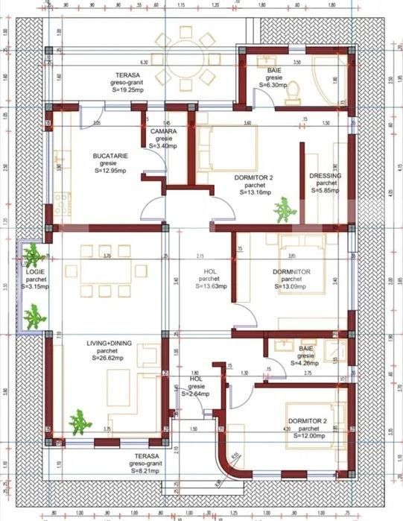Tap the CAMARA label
click(x=163, y=131)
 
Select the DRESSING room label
click(x=326, y=176)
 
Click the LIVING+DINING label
click(x=110, y=343)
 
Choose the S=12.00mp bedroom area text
click(x=304, y=437)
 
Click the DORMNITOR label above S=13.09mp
click(x=287, y=271)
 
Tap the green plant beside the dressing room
click(x=284, y=212)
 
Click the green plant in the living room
click(x=80, y=423)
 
